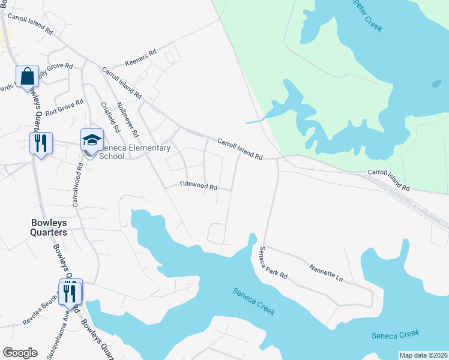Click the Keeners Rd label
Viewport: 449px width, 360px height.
(x=140, y=57)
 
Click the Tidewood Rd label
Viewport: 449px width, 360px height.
(x=197, y=186)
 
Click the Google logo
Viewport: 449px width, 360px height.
(x=20, y=352)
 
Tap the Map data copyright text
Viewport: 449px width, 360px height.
(x=423, y=355)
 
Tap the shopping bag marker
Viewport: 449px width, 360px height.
(x=27, y=77)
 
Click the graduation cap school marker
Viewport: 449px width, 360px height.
(x=92, y=140)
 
